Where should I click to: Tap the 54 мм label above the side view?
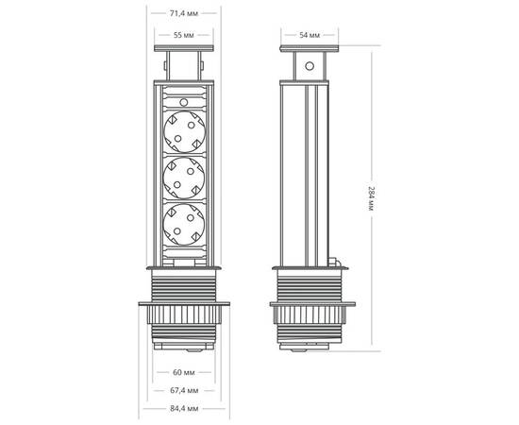[309, 35]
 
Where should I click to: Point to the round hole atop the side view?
[309, 68]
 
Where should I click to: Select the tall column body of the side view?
[309, 170]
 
